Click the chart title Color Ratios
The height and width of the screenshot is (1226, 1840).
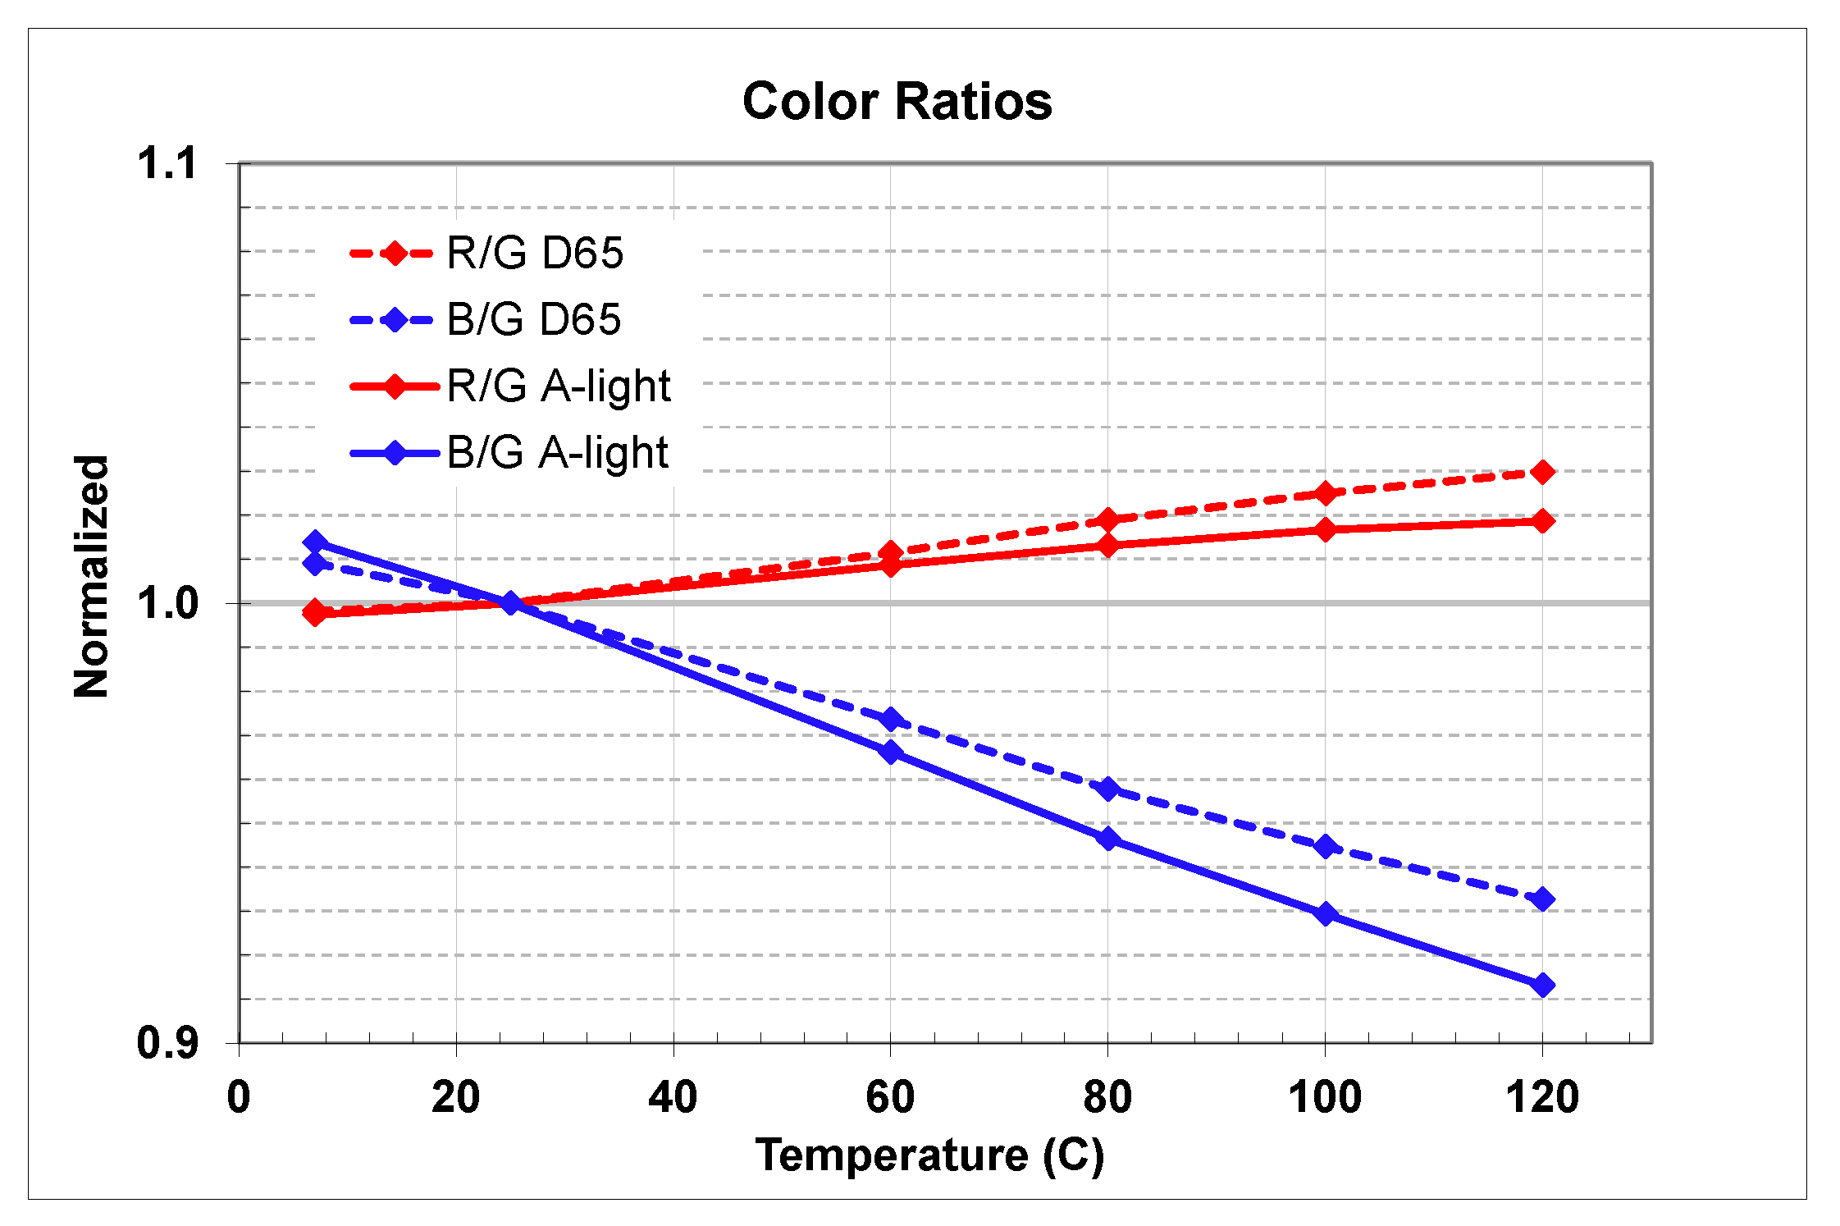[897, 102]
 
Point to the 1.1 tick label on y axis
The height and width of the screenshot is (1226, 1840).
[167, 162]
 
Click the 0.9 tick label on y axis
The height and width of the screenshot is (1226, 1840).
[167, 1043]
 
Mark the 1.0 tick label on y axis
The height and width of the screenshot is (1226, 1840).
[167, 603]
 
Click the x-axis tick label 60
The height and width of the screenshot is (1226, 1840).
[890, 1097]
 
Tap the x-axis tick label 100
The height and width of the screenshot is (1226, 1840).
[1324, 1097]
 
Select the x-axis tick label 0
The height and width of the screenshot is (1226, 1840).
[239, 1097]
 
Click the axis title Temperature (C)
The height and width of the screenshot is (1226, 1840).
[929, 1155]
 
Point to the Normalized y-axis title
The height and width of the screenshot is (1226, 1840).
[91, 576]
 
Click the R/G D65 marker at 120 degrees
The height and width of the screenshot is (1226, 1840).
[1542, 472]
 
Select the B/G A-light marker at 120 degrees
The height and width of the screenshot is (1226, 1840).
[1542, 985]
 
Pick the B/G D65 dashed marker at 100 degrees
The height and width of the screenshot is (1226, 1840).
[1325, 846]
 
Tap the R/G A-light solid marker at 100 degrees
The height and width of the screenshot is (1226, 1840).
[1325, 529]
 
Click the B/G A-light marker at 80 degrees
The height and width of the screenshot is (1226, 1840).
[1107, 839]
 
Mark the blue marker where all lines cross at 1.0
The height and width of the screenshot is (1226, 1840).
[510, 603]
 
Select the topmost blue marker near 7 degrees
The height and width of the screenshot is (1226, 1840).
[315, 542]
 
